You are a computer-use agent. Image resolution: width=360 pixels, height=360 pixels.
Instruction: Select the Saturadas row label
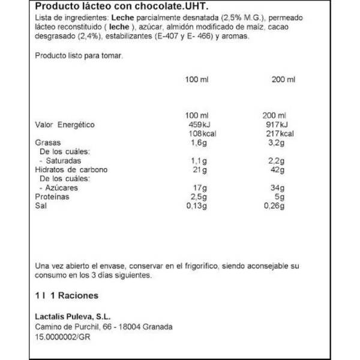point(60,161)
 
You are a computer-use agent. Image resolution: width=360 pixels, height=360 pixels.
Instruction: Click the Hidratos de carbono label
point(71,170)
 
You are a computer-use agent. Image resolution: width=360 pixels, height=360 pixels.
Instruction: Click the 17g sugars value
point(196,188)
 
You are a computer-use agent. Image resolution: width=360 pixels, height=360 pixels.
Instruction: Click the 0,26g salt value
point(275,206)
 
